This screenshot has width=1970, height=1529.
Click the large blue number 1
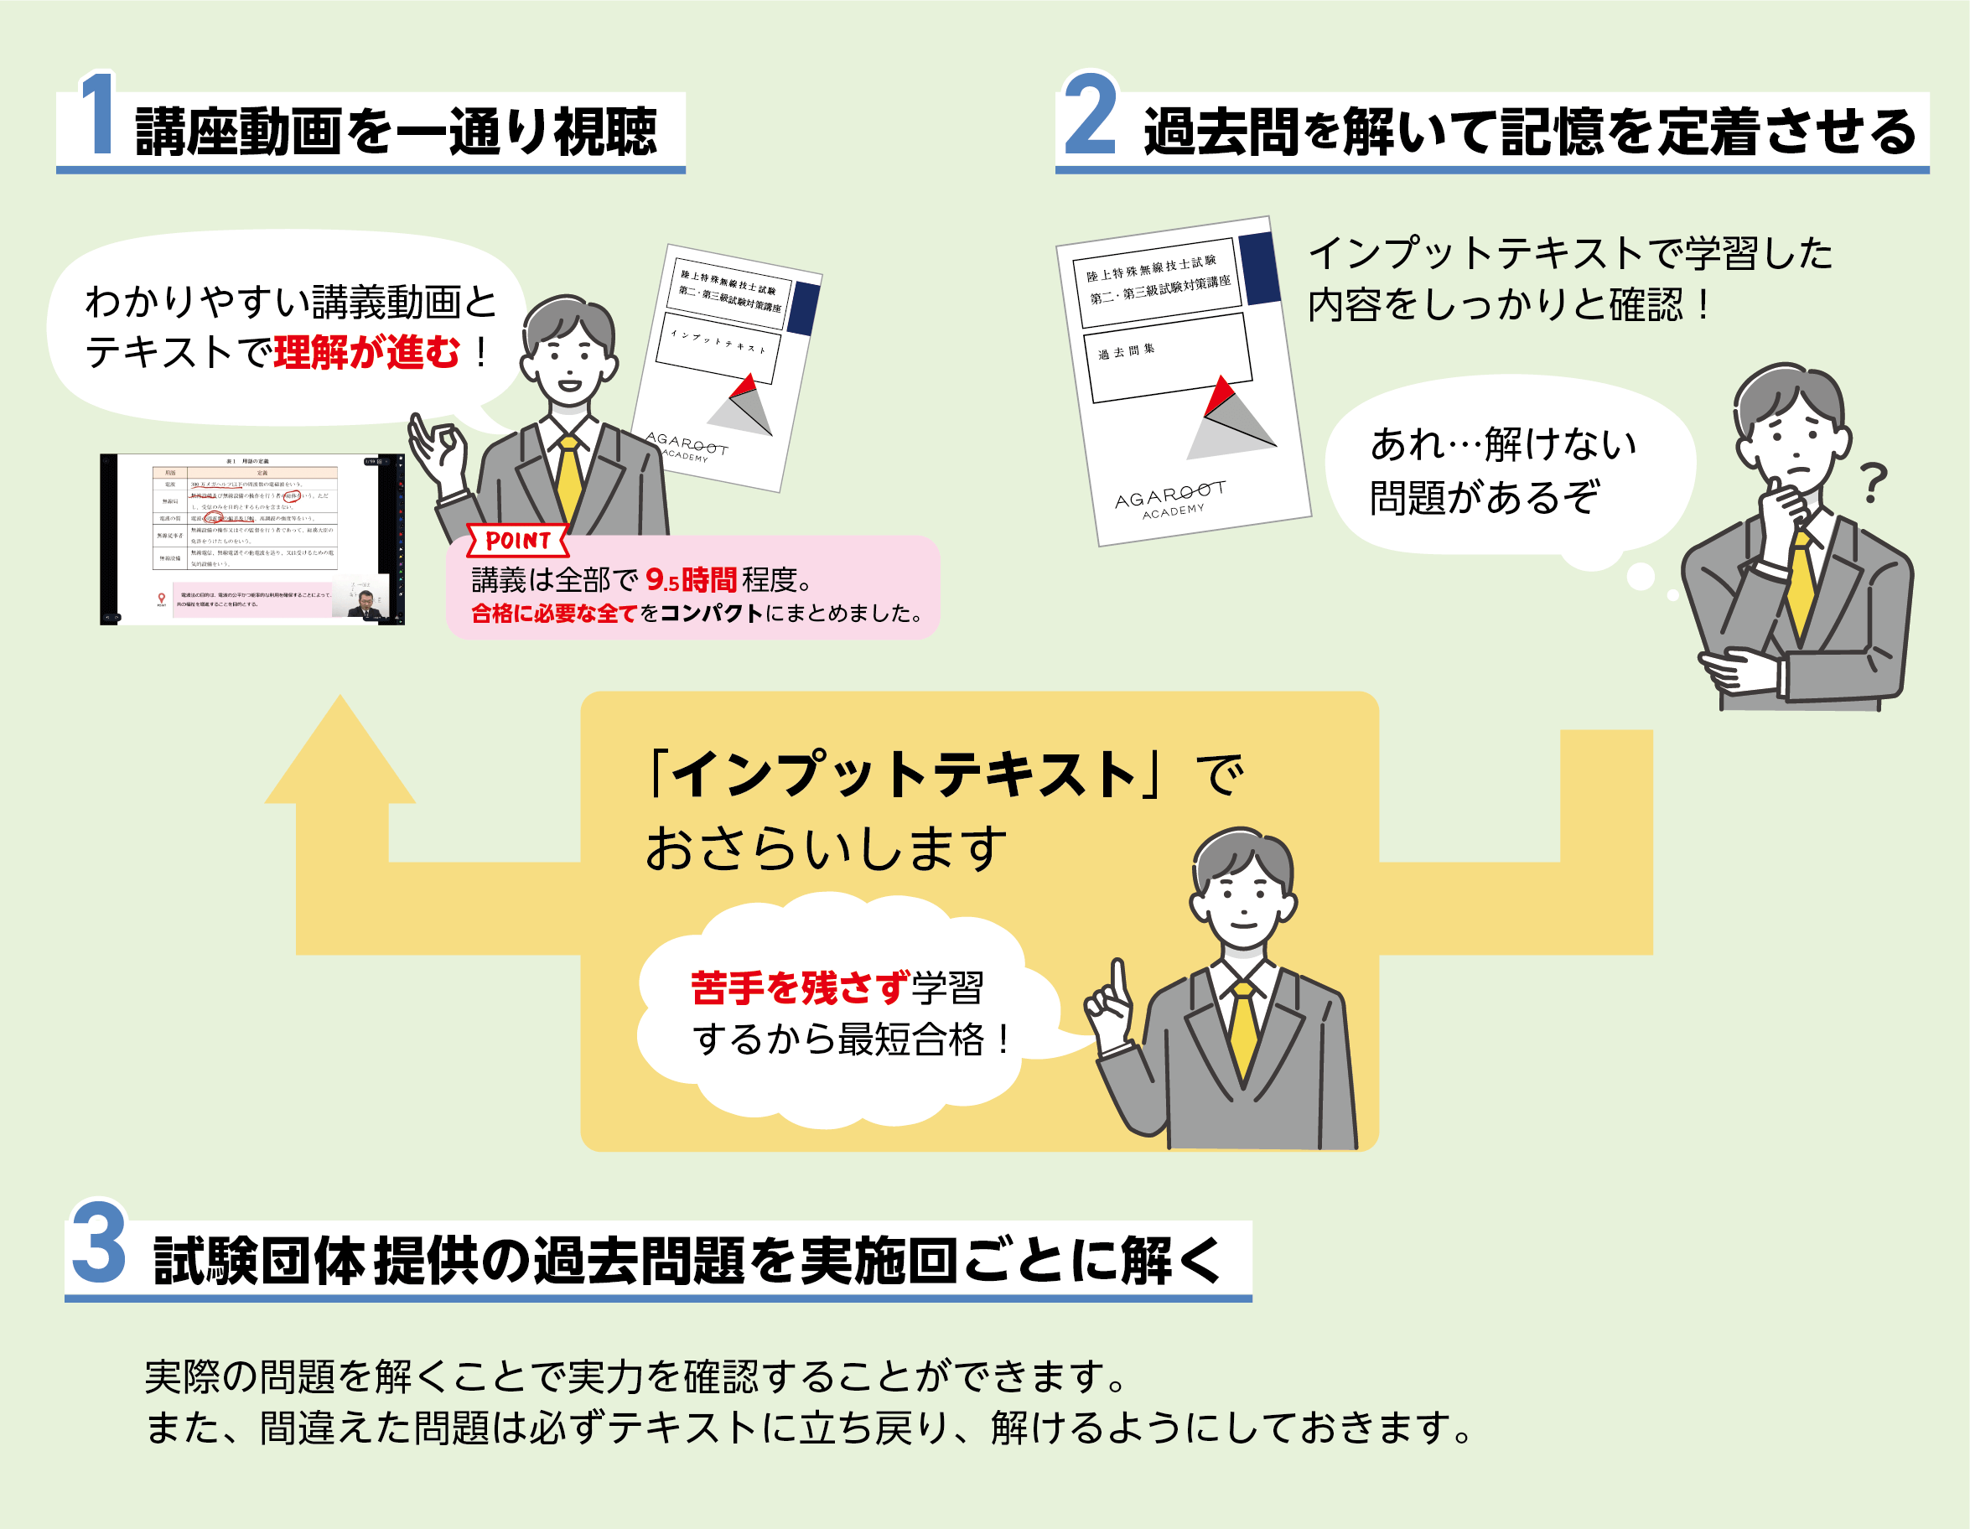98,115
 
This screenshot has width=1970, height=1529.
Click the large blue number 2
1090,115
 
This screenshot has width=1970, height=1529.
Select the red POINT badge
518,541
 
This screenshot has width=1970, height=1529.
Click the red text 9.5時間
691,579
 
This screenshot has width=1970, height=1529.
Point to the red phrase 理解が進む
367,352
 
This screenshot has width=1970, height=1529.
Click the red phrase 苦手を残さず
800,987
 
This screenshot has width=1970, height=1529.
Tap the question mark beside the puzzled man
1874,483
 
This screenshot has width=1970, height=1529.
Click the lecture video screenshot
251,540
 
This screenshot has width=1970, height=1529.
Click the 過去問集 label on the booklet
1127,352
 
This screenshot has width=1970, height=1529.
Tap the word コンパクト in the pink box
712,614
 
